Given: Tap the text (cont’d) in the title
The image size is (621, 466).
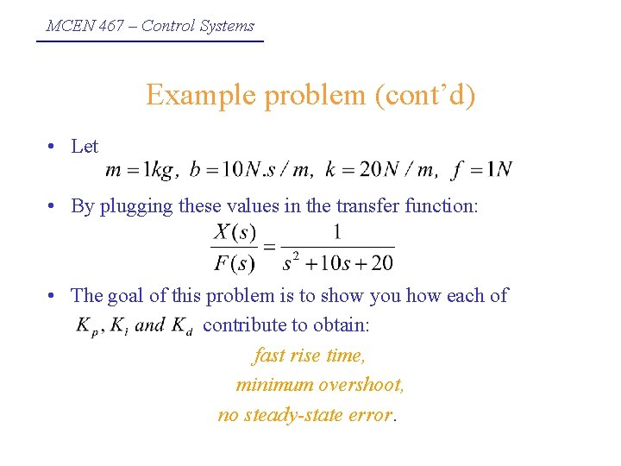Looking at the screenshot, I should coord(424,94).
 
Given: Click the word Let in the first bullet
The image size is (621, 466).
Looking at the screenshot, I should coord(85,147).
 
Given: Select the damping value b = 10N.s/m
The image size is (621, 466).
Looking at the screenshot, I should coord(250,170).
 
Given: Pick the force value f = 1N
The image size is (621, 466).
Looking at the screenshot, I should coord(481,170).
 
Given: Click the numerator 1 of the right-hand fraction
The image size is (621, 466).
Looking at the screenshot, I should coord(337,232).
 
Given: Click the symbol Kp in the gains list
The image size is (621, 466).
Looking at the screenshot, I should coord(86,326).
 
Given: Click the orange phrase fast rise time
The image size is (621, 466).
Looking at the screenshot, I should coord(310,356).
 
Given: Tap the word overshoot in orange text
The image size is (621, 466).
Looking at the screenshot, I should coord(361,385).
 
